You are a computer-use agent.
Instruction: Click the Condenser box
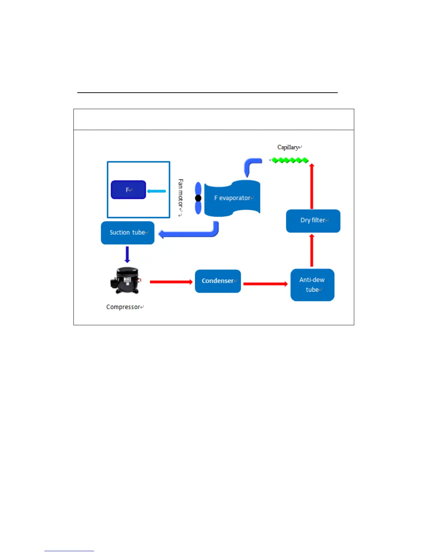(x=218, y=281)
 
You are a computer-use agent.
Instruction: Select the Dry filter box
(x=313, y=221)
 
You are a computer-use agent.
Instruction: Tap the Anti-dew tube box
(x=312, y=285)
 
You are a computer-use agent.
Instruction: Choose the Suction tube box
(x=128, y=233)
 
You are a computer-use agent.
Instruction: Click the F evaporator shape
(x=232, y=198)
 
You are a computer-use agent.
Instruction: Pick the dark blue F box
(x=128, y=190)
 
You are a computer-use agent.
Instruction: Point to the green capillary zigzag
(x=290, y=160)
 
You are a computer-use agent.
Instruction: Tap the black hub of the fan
(x=198, y=198)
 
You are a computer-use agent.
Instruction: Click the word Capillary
(x=288, y=147)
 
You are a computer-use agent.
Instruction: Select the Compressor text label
(x=123, y=307)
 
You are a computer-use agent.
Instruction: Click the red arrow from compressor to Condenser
(x=171, y=282)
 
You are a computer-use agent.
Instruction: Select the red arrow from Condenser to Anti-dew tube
(x=265, y=284)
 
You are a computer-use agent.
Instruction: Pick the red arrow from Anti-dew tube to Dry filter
(x=312, y=251)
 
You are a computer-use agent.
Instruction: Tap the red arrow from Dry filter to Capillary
(x=312, y=186)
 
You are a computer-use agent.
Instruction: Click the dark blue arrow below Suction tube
(x=127, y=254)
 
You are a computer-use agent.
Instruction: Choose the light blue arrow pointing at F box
(x=156, y=191)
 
